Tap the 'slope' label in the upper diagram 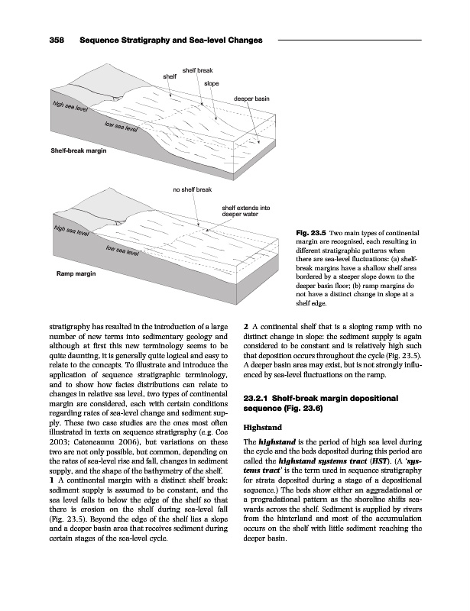pos(211,83)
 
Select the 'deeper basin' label pos(251,99)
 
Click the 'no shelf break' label pos(193,188)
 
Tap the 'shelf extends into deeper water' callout pos(245,211)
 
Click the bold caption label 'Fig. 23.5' pos(308,232)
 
